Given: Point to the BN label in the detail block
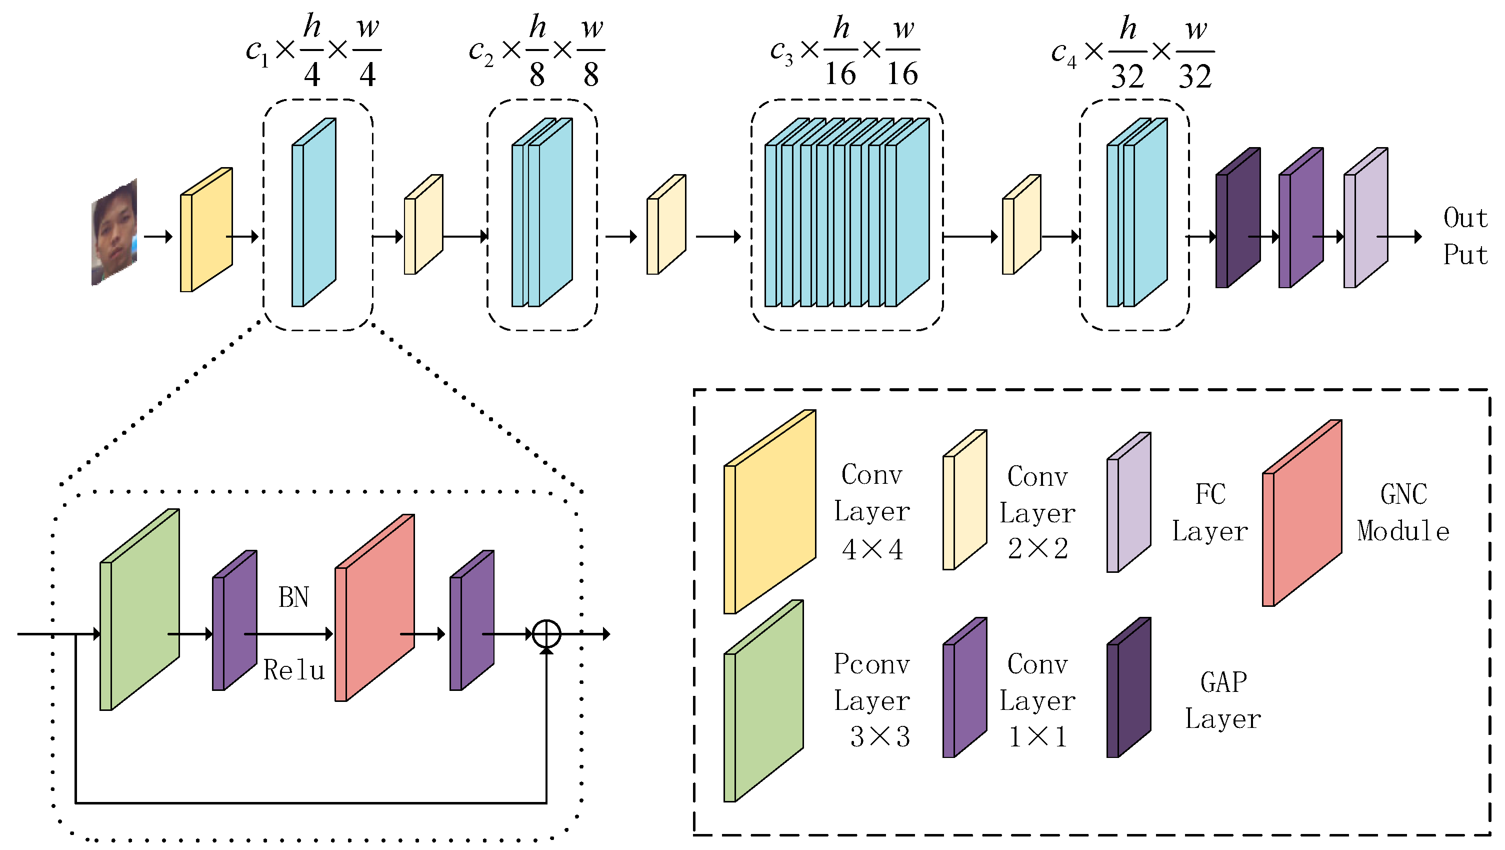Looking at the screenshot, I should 293,597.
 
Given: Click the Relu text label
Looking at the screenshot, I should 293,670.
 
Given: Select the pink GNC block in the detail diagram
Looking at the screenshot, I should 374,608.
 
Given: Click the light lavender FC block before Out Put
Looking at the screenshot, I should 1365,218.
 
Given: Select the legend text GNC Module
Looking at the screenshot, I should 1403,513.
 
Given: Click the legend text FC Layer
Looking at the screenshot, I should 1209,513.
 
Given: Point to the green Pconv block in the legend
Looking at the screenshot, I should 763,701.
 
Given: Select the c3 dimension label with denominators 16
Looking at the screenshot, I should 844,52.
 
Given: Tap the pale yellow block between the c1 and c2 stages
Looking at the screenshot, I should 423,225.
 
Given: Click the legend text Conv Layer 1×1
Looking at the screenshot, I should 1037,700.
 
